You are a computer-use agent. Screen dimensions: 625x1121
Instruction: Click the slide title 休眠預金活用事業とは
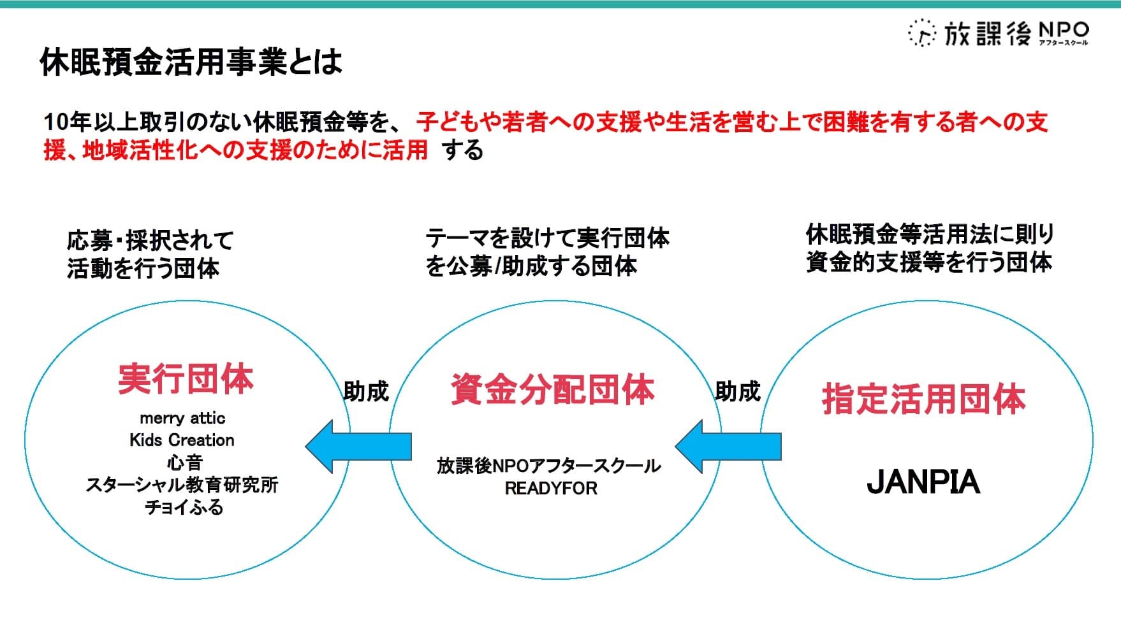coord(191,62)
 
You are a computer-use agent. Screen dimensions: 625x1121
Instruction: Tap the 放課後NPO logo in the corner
coord(998,32)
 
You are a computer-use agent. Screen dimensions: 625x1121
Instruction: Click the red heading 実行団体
coord(186,379)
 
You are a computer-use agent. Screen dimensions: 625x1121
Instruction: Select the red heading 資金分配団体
coord(552,390)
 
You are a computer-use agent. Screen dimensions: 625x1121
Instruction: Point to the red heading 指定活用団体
coord(923,399)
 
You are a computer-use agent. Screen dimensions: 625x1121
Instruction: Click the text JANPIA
coord(923,482)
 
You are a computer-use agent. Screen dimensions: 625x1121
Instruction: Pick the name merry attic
coord(182,419)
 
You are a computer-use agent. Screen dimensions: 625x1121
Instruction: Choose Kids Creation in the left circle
coord(182,440)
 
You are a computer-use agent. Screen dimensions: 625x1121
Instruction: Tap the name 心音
coord(184,463)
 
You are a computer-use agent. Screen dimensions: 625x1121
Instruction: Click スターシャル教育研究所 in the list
coord(182,485)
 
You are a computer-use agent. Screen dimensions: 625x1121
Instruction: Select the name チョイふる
coord(184,507)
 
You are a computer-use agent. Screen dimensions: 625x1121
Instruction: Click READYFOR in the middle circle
coord(551,489)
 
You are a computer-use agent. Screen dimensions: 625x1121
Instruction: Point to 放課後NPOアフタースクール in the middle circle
coord(548,466)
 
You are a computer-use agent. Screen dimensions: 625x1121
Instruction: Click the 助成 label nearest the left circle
coord(366,391)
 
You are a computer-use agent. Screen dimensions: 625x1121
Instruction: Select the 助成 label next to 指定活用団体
coord(738,391)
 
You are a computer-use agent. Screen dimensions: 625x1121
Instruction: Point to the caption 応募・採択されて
coord(150,241)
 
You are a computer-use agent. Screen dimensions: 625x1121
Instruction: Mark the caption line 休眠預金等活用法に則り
coord(930,234)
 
